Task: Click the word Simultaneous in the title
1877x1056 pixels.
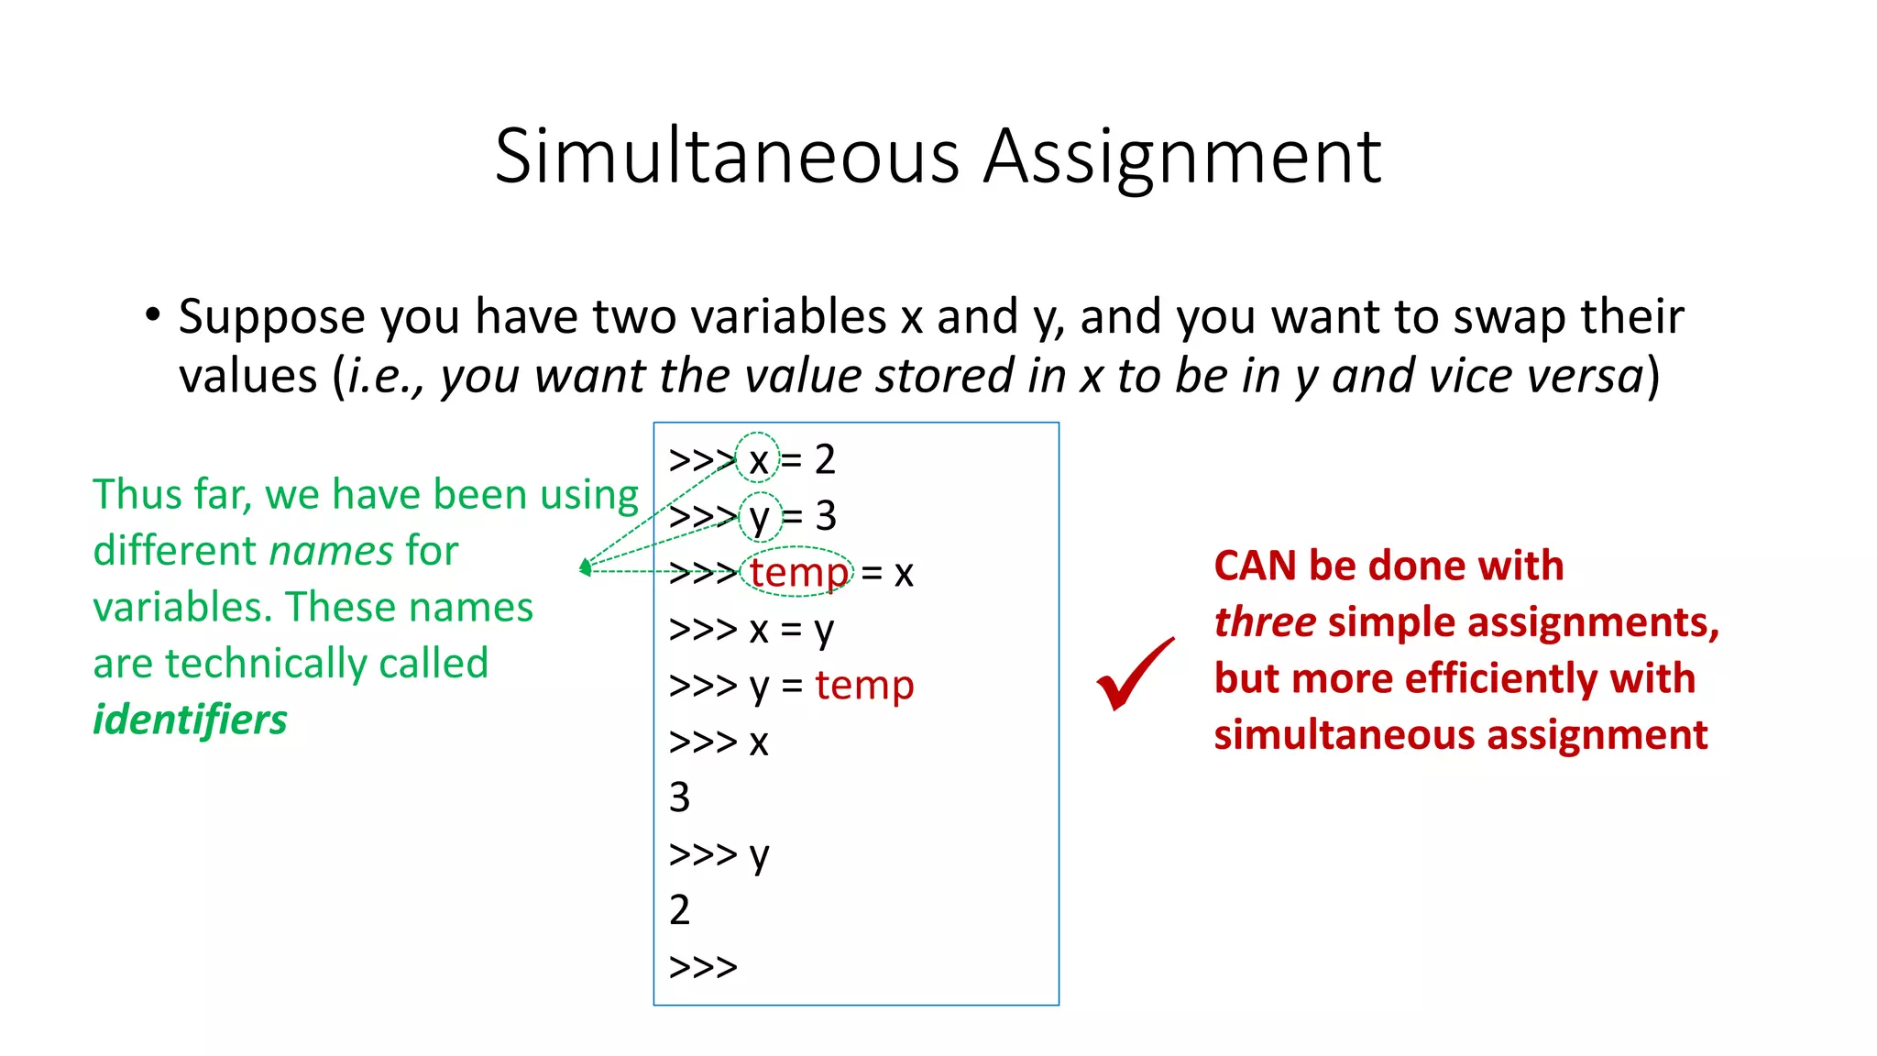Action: [727, 157]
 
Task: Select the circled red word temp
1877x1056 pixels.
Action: [798, 573]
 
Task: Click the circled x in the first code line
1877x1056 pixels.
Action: [758, 460]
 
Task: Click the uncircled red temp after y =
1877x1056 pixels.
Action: [864, 685]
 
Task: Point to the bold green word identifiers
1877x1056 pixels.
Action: [190, 720]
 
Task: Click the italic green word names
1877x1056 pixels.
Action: [331, 551]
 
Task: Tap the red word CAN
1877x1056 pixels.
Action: [1255, 566]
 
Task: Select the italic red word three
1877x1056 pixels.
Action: [1265, 622]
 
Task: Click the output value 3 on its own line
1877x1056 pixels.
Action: [679, 797]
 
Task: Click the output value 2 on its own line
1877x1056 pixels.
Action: [679, 910]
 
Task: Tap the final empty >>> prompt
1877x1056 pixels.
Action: [703, 967]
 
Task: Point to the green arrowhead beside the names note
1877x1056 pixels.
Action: [585, 568]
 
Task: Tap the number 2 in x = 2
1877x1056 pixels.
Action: [825, 460]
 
